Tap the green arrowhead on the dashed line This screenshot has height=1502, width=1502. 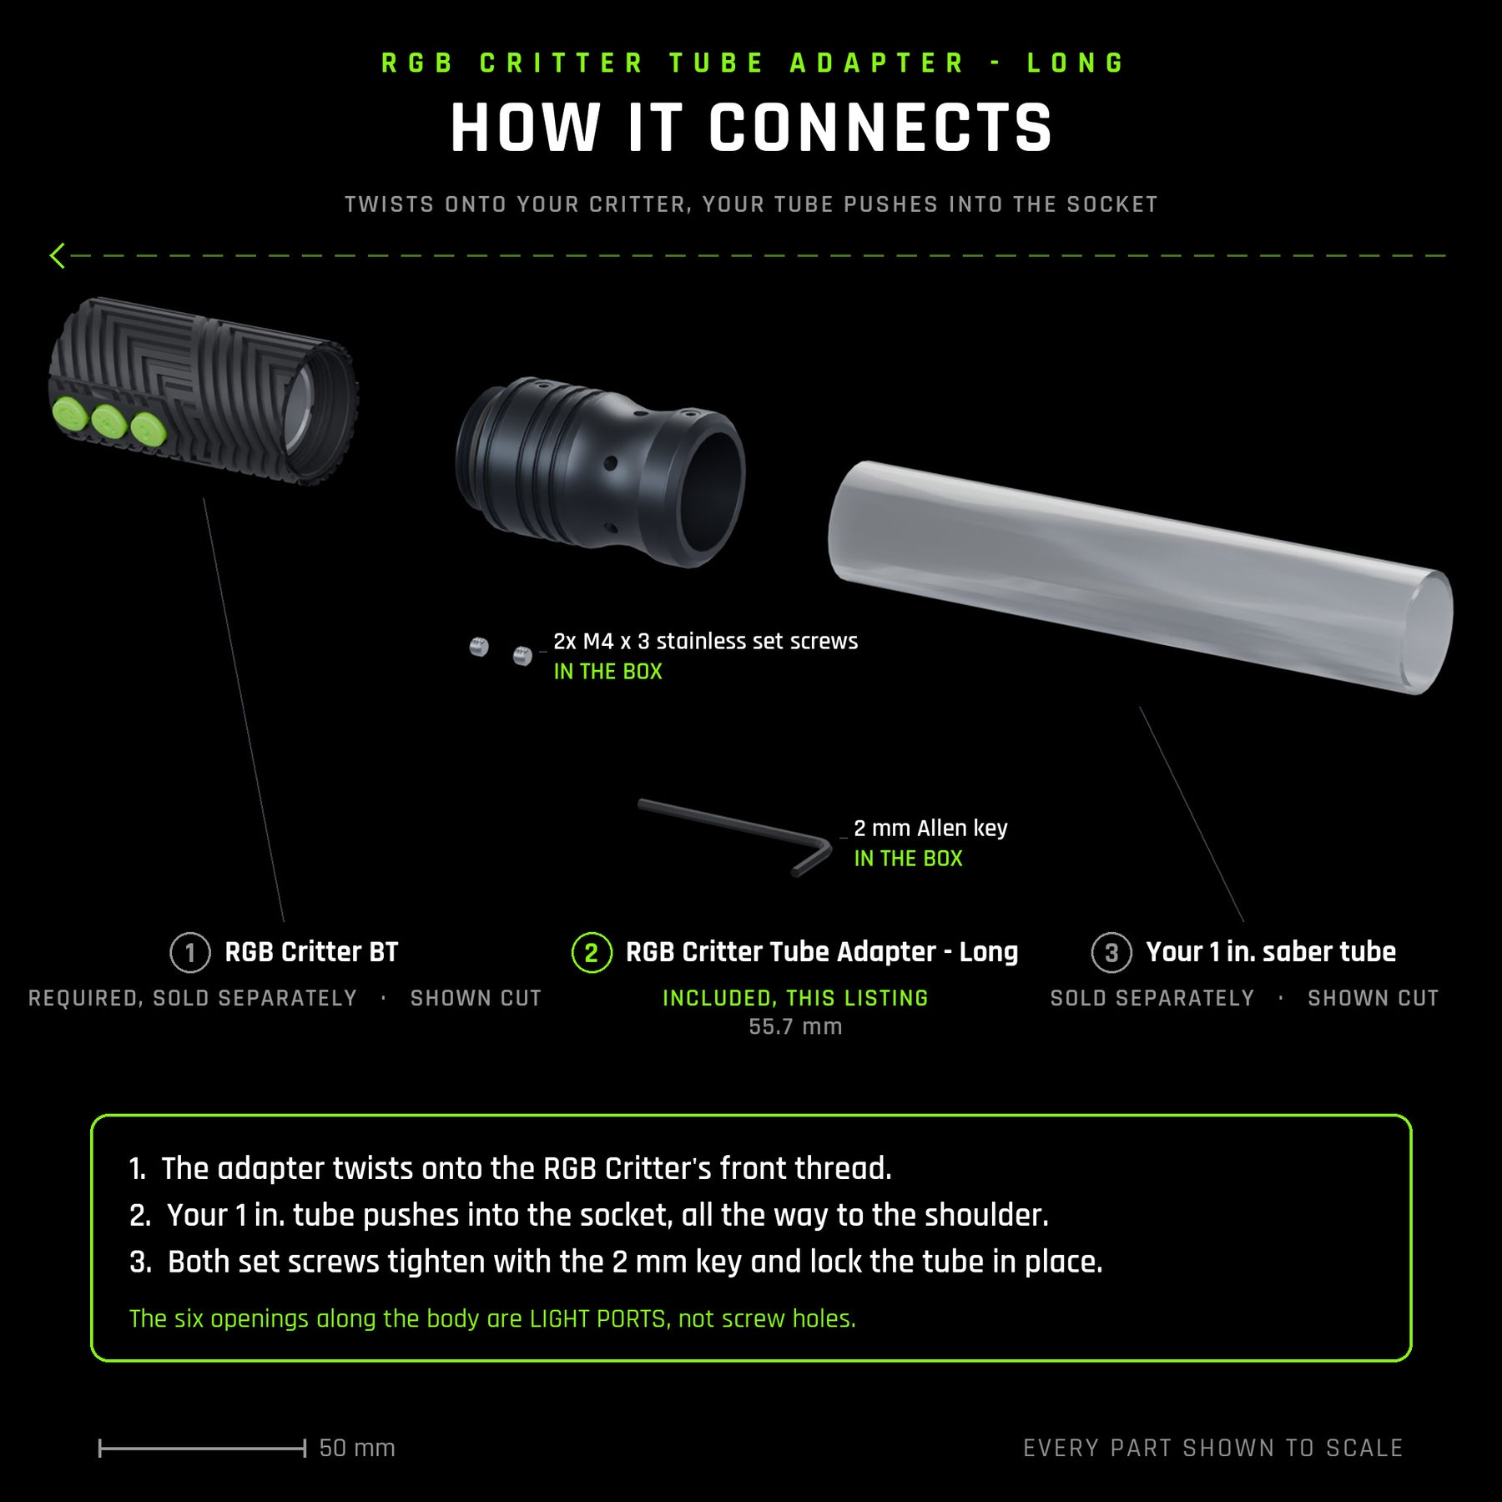[x=57, y=255]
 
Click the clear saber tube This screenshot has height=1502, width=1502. [x=1141, y=577]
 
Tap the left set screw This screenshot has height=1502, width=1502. [x=479, y=647]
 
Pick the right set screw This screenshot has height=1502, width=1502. [x=522, y=656]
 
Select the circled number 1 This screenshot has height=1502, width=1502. [x=190, y=952]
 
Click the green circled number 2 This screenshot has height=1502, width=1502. [x=592, y=952]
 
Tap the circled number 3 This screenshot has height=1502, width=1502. [x=1111, y=952]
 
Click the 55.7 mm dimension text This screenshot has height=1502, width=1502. [x=795, y=1026]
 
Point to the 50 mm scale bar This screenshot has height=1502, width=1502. [x=202, y=1449]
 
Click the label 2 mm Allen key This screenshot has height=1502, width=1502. [x=930, y=828]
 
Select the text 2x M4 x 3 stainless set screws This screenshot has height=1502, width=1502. [x=706, y=641]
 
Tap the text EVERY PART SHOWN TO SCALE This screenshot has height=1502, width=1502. [x=1213, y=1448]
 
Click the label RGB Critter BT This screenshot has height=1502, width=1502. [x=311, y=951]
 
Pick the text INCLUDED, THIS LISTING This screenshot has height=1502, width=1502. [x=795, y=998]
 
